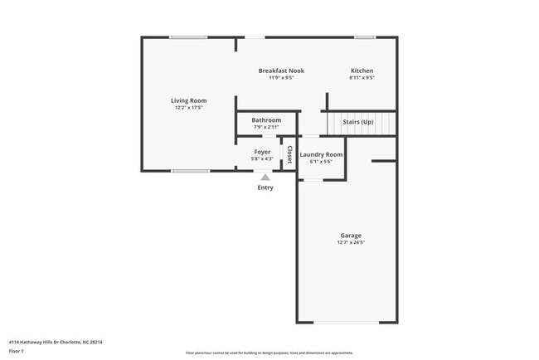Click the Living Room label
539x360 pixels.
[189, 100]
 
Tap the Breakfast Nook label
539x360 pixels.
[281, 71]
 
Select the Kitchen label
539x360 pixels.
[362, 71]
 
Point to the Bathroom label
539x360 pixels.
[266, 120]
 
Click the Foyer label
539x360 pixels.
[262, 152]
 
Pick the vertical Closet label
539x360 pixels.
[289, 155]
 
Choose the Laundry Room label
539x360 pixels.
[321, 154]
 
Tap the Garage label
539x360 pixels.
[350, 236]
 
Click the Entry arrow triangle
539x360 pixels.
[265, 177]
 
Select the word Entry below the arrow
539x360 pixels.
[265, 187]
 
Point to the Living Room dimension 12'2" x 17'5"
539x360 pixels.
[189, 108]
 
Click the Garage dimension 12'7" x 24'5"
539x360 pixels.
[350, 243]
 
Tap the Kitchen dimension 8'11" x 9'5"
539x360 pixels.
[362, 78]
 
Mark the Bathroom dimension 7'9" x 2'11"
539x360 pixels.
[266, 128]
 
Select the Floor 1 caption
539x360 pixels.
[17, 351]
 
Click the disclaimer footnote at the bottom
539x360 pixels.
[269, 353]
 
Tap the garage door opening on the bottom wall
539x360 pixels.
[347, 323]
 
